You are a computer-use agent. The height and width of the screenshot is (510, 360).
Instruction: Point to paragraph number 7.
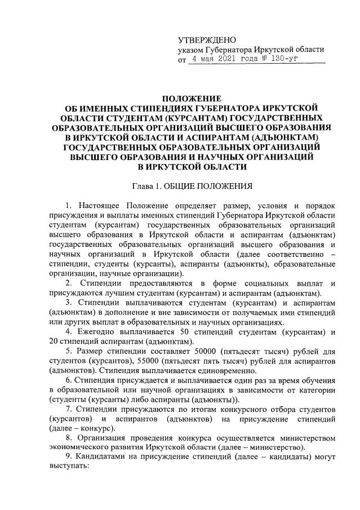69,410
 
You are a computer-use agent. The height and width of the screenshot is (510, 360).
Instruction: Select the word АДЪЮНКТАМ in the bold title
288,137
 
